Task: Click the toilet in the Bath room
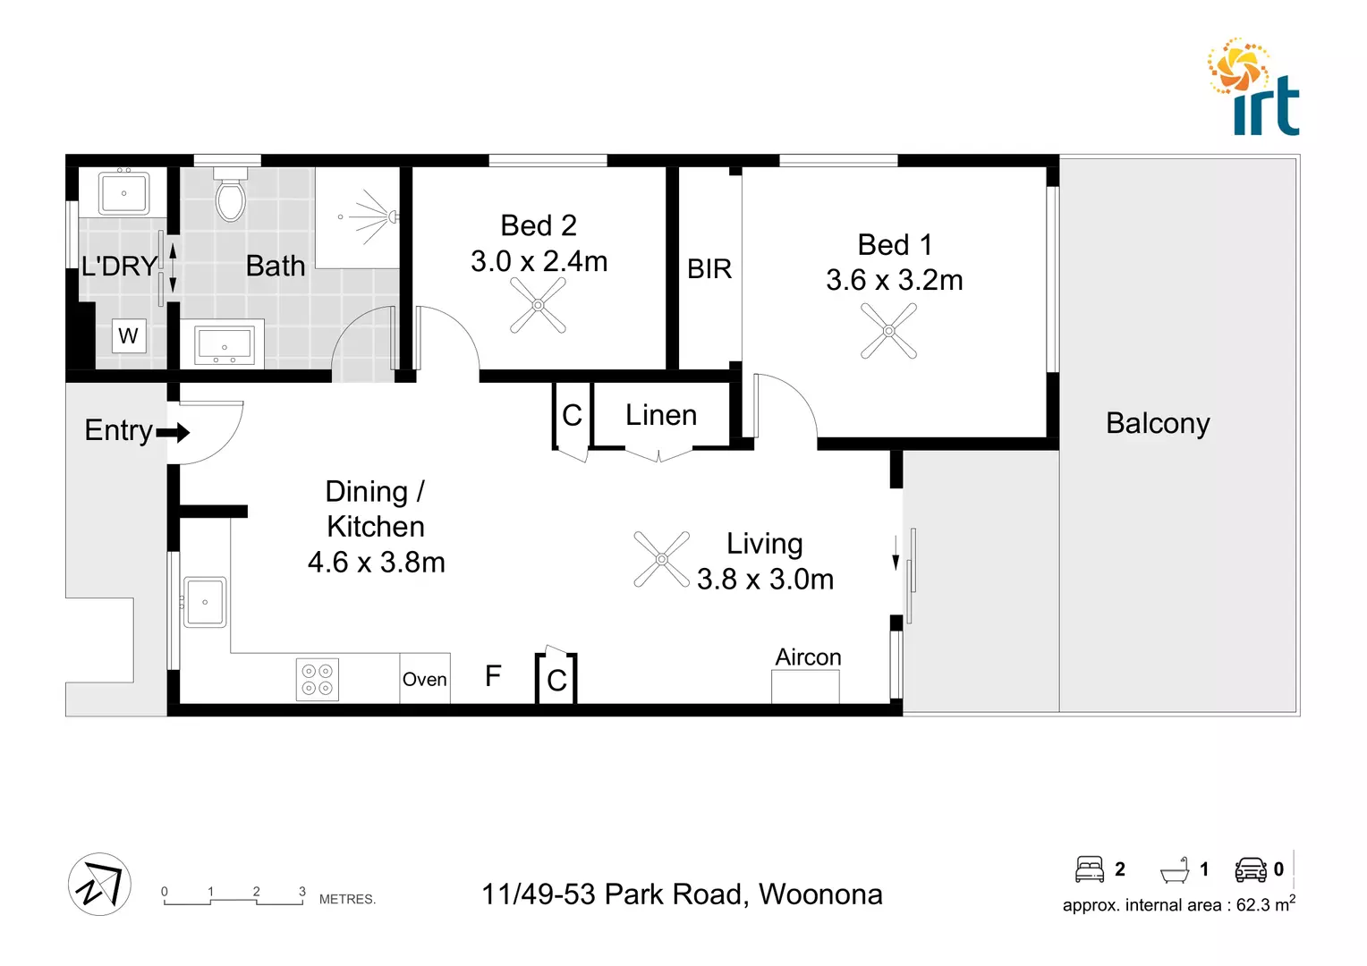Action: click(231, 196)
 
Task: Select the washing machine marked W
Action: click(129, 336)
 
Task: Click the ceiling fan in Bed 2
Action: click(538, 305)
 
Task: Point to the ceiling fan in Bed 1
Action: click(888, 331)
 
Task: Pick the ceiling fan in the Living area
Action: click(662, 559)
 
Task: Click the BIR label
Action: click(709, 268)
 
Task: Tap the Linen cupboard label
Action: click(661, 415)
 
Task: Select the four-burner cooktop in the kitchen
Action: click(318, 679)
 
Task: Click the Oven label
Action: click(424, 679)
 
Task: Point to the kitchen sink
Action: click(205, 602)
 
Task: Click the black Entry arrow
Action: click(174, 433)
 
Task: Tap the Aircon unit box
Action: click(805, 686)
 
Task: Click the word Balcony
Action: click(1158, 423)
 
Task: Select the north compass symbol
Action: click(99, 885)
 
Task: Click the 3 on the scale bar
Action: click(302, 892)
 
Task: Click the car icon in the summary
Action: click(1251, 869)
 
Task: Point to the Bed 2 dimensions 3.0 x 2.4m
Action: click(539, 261)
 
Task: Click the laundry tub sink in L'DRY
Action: click(123, 193)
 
